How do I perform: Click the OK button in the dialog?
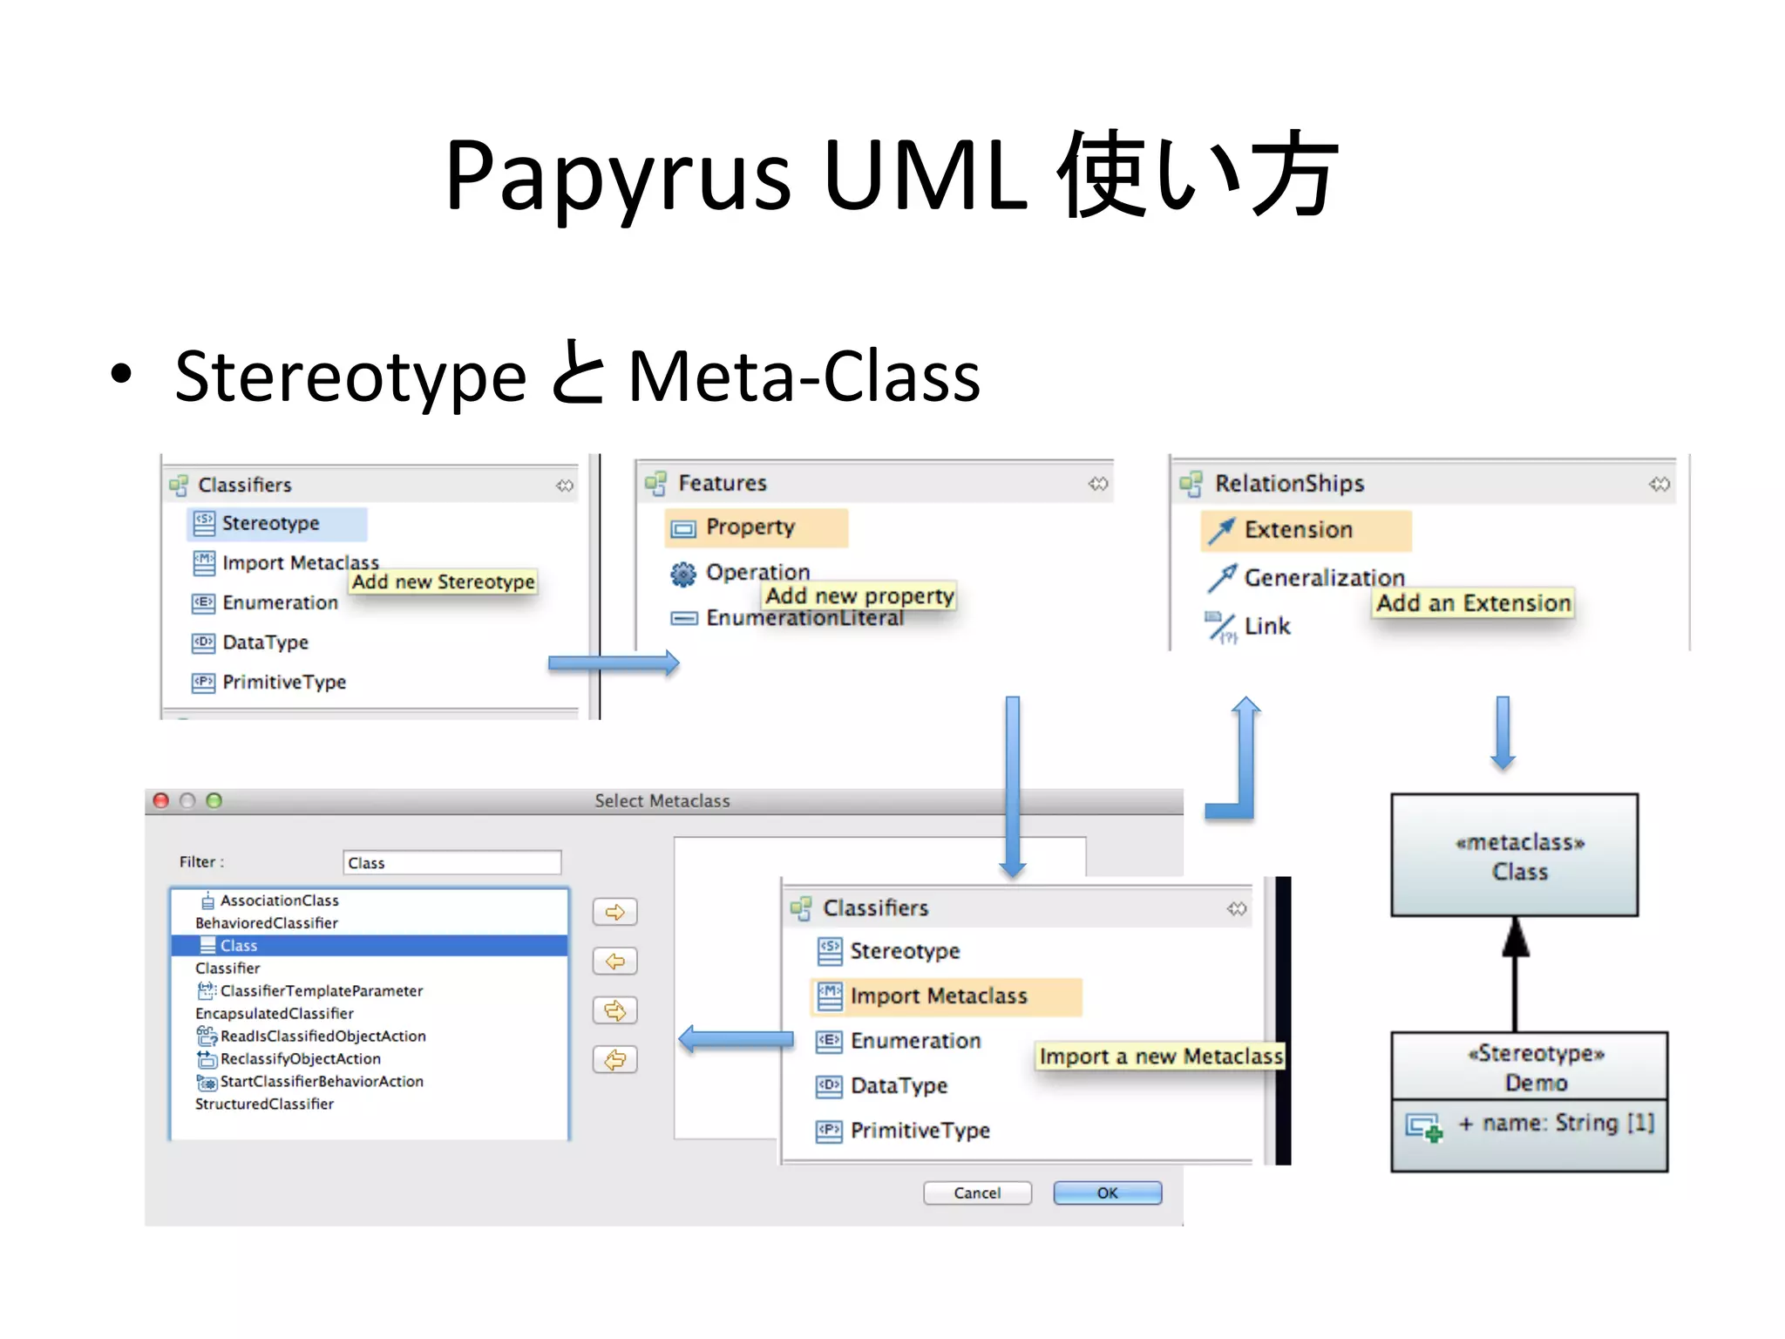(x=1107, y=1193)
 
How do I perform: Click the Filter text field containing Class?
(x=451, y=863)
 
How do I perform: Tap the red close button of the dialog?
(x=161, y=800)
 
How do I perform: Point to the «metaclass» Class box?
(x=1514, y=855)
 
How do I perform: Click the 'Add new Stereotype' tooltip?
(x=443, y=582)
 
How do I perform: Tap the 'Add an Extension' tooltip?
(x=1473, y=603)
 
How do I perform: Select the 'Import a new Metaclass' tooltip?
(x=1160, y=1057)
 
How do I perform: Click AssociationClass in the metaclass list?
(x=279, y=901)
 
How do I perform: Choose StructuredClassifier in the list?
(x=264, y=1105)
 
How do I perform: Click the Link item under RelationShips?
(x=1266, y=626)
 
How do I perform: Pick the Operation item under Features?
(x=757, y=573)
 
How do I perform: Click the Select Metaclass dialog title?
(x=662, y=801)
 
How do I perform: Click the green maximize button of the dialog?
(x=214, y=800)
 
